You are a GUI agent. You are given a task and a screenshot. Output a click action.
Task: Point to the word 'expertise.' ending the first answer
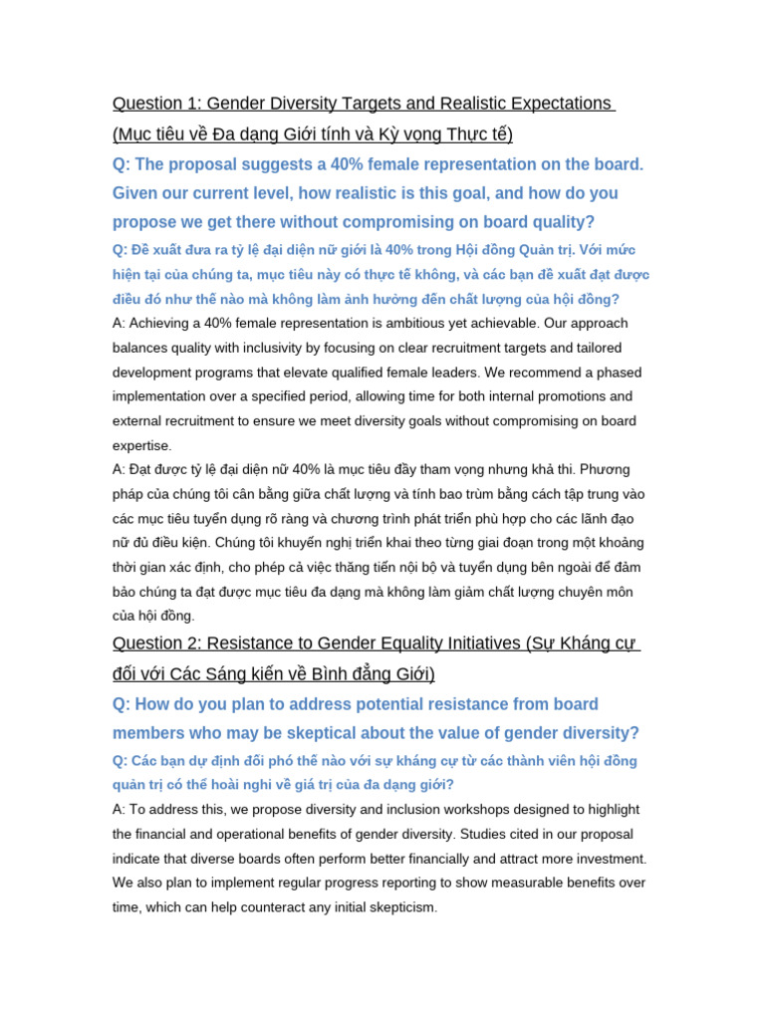coord(141,445)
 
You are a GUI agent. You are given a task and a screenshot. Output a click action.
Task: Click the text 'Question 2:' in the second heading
coord(156,642)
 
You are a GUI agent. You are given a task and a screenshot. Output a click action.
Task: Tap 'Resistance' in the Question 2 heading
coord(253,642)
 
